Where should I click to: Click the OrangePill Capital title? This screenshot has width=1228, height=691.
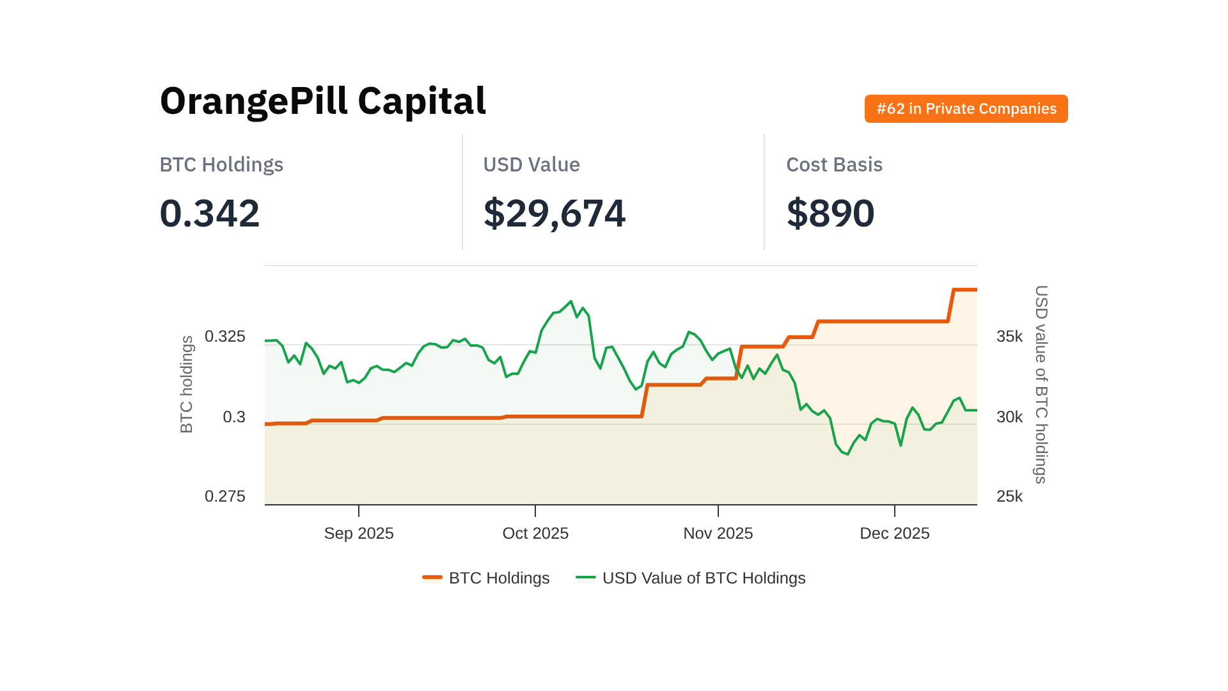coord(323,101)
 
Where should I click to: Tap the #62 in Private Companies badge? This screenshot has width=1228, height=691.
coord(966,109)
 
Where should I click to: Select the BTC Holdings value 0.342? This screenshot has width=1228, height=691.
coord(210,213)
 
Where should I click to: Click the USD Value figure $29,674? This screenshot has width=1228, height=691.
coord(555,213)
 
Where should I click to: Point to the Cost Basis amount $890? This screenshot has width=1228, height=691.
coord(830,213)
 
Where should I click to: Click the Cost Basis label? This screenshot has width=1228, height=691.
coord(834,164)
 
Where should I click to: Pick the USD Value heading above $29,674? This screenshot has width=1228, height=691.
coord(531,164)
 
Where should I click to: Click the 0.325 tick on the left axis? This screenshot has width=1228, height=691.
coord(224,337)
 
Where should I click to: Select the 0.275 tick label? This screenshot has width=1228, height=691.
coord(224,496)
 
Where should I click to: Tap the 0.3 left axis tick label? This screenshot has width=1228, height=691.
coord(233,417)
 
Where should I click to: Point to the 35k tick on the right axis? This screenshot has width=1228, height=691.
coord(1009,337)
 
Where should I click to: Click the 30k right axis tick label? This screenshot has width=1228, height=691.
coord(1009,417)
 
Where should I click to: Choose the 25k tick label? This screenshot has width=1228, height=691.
coord(1009,496)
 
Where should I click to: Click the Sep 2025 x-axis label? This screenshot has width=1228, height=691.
coord(359,534)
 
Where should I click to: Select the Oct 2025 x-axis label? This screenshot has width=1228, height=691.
coord(535,534)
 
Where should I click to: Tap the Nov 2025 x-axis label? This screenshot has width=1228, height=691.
coord(718,534)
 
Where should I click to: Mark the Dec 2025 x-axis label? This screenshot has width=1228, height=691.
coord(894,534)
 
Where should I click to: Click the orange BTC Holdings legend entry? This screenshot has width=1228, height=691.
coord(486,578)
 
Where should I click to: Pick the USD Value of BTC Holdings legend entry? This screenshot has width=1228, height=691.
coord(691,578)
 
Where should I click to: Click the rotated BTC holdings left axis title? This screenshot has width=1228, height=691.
coord(187,385)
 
